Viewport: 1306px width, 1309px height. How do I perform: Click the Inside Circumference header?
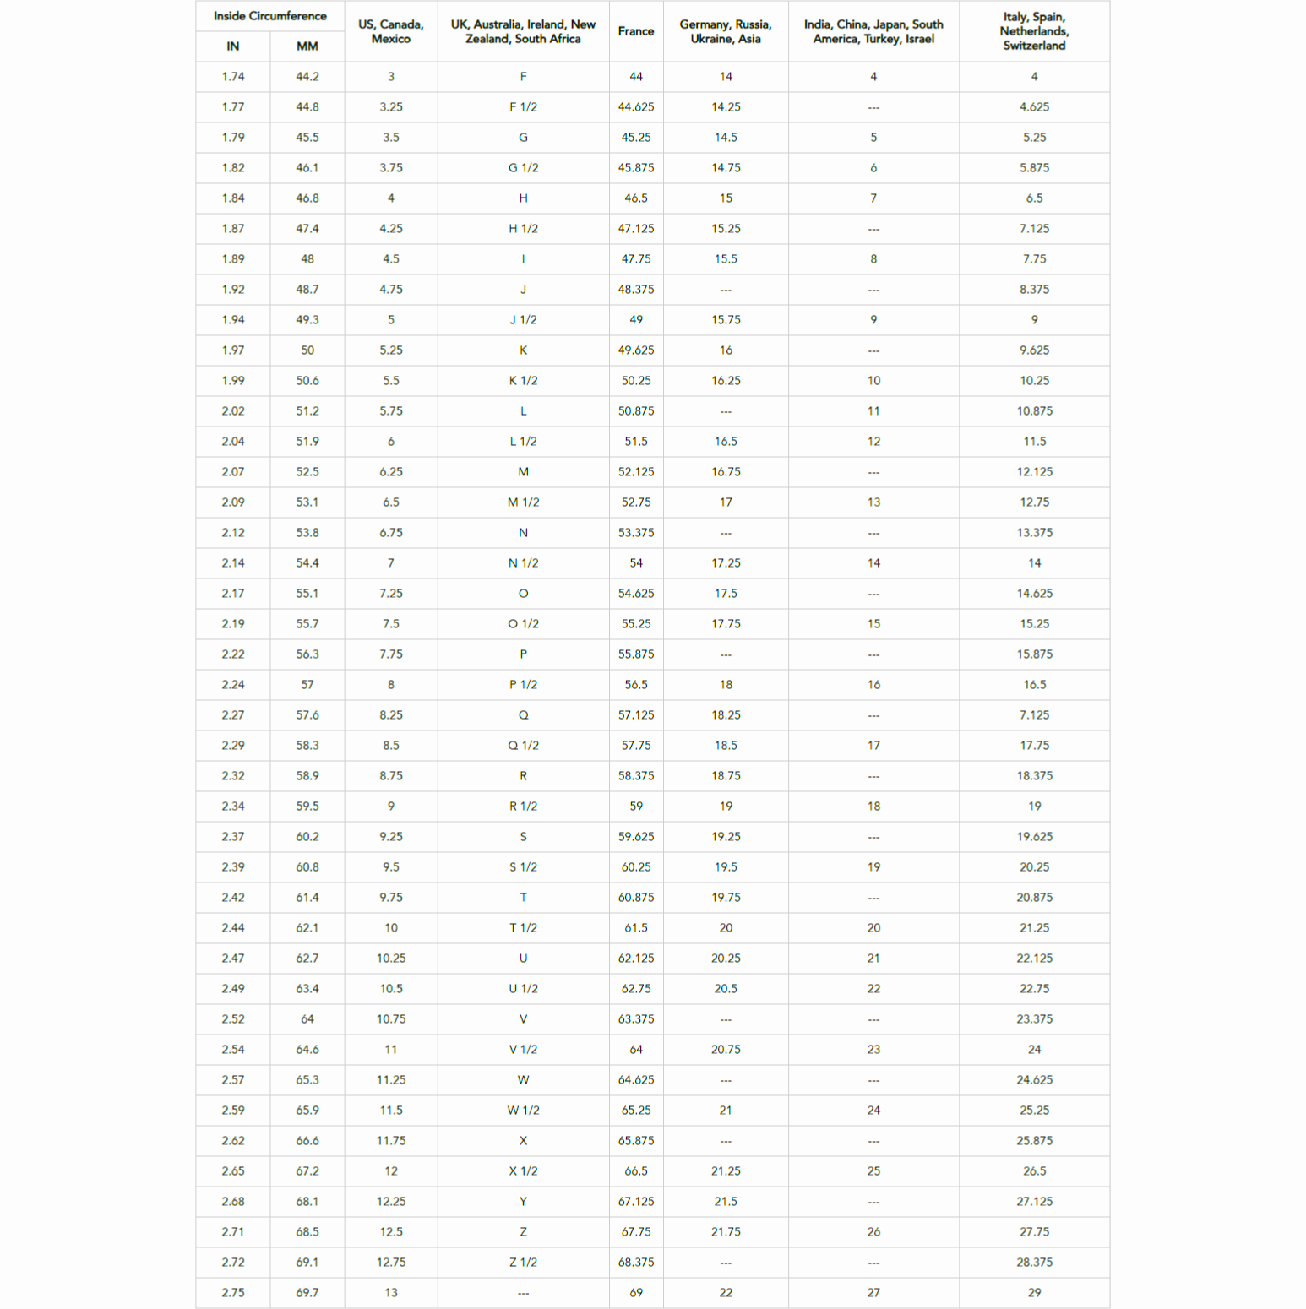point(269,16)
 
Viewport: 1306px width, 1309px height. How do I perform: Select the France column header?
point(635,31)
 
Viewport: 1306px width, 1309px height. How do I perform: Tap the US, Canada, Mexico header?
point(390,31)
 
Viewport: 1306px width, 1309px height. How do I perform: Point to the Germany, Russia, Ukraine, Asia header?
point(725,31)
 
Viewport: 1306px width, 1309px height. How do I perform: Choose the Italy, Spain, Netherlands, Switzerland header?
point(1033,31)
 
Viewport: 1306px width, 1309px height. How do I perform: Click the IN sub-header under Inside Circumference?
point(232,46)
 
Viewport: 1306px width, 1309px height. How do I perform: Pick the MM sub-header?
point(307,46)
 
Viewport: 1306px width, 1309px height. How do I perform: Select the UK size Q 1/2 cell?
point(523,746)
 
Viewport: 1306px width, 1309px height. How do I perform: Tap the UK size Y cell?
point(523,1202)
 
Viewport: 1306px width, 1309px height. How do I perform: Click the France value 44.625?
point(635,107)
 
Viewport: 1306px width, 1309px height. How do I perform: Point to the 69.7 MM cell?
point(307,1293)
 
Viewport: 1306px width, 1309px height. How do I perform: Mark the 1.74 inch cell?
point(232,77)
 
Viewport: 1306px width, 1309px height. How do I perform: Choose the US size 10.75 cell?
point(390,1019)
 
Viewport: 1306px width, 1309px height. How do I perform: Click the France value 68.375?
point(635,1263)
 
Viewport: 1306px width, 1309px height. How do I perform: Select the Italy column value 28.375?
point(1033,1263)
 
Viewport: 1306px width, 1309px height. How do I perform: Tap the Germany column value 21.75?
point(725,1232)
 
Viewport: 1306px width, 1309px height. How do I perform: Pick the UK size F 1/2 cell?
point(523,107)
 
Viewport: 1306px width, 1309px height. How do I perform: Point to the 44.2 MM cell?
point(307,77)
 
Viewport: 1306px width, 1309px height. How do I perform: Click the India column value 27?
point(873,1293)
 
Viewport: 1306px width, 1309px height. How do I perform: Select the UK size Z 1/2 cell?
point(523,1263)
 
